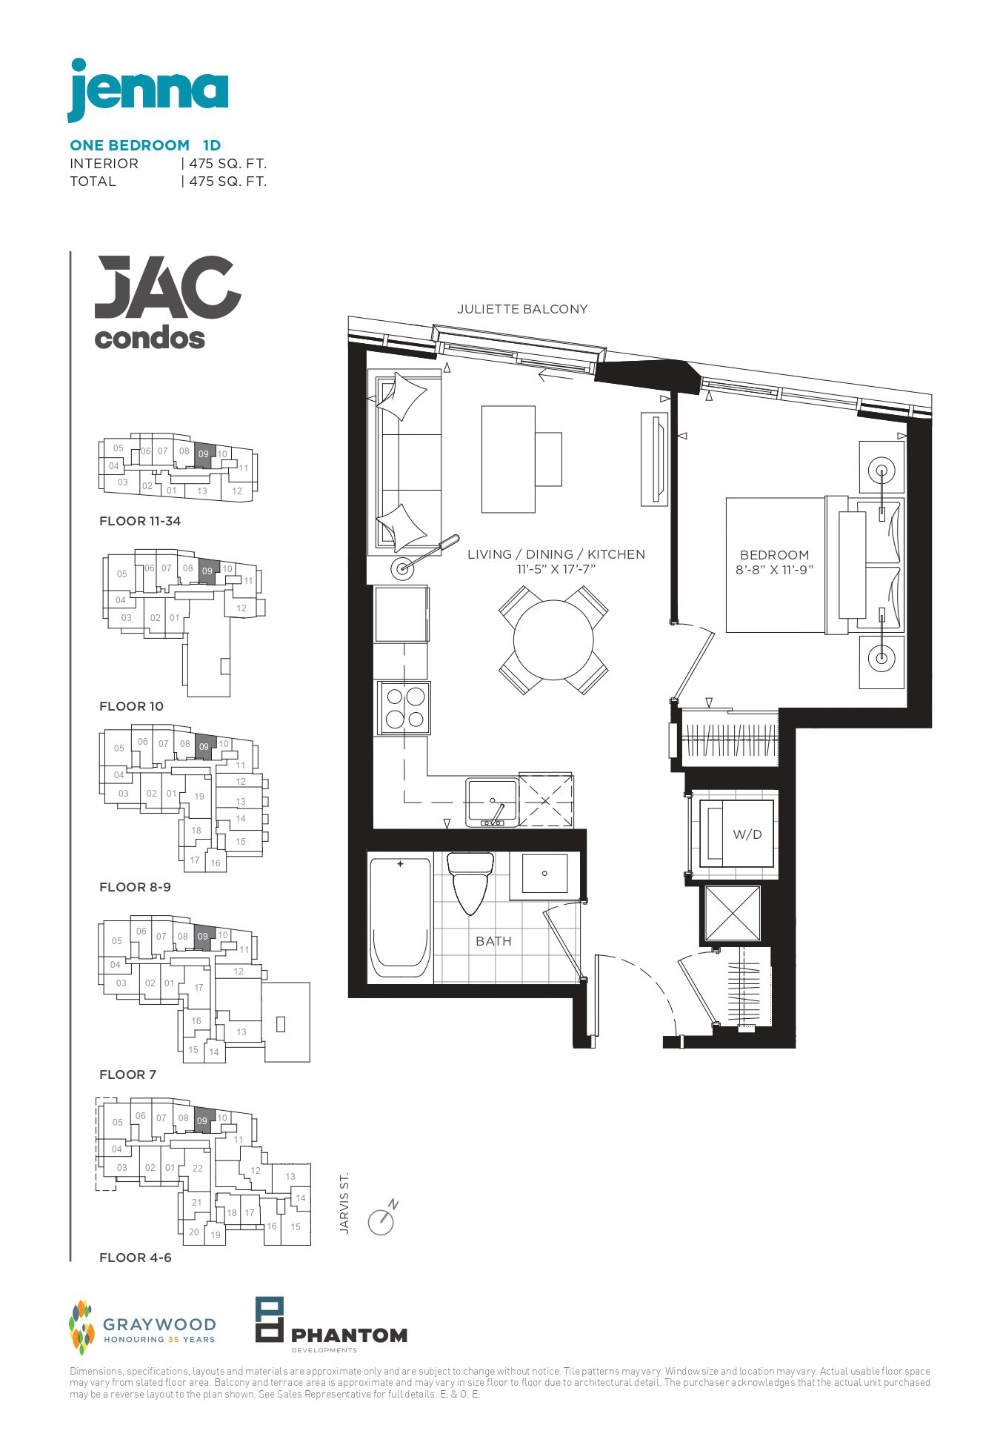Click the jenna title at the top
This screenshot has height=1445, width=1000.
[148, 90]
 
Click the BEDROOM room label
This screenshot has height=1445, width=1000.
[774, 555]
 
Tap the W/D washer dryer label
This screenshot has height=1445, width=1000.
[747, 834]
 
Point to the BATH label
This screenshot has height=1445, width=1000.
[493, 941]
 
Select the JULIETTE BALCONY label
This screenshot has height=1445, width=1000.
[522, 309]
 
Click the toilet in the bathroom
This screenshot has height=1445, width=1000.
[470, 883]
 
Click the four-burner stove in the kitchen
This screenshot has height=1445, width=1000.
[404, 708]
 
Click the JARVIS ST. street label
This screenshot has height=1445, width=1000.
[344, 1203]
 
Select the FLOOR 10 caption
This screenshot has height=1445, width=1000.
[131, 706]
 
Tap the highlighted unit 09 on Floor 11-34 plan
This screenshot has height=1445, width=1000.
[204, 455]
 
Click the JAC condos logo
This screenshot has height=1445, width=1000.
[168, 302]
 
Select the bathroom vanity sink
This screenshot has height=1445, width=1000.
[544, 874]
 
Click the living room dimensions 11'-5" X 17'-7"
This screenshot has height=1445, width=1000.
[556, 570]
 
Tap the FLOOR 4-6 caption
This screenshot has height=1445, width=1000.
[136, 1258]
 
